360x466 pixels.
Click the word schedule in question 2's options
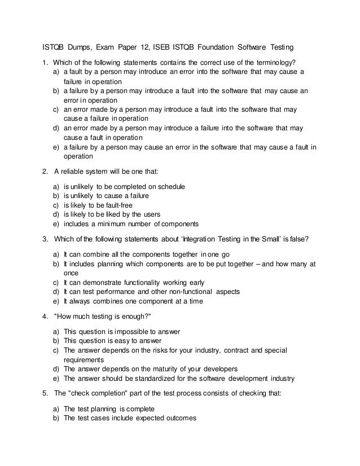[168, 186]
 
